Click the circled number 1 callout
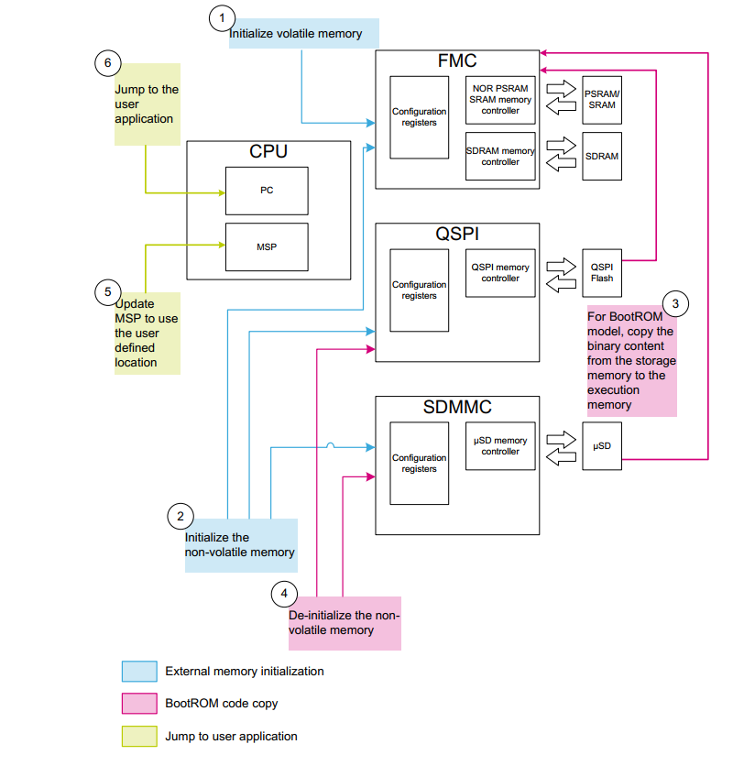tap(222, 17)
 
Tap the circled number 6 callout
tap(108, 63)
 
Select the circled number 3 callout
tap(675, 303)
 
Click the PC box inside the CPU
tap(267, 191)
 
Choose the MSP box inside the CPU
tap(267, 246)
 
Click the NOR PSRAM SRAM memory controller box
tap(500, 100)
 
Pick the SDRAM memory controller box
tap(500, 157)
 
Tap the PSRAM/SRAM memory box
tap(602, 100)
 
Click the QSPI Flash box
tap(602, 272)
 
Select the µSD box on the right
tap(602, 445)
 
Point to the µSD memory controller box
tap(500, 446)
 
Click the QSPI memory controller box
tap(500, 273)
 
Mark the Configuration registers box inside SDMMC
tap(419, 464)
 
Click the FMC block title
tap(457, 62)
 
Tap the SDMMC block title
tap(457, 408)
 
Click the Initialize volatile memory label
tap(296, 34)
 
